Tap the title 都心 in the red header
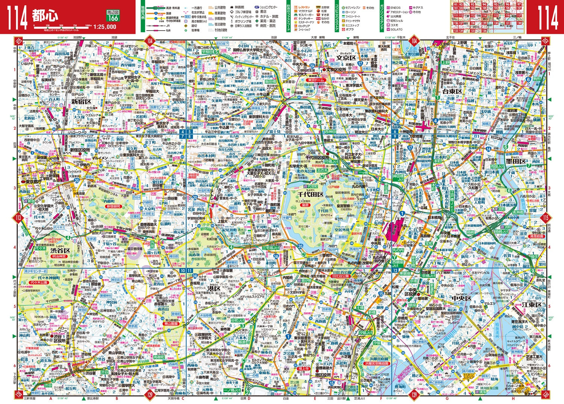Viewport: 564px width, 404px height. tap(45, 15)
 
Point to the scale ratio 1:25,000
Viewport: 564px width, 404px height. tap(105, 26)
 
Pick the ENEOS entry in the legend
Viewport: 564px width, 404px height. tap(395, 8)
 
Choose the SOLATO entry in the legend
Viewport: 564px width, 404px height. tap(396, 29)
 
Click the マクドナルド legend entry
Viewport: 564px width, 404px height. tap(305, 12)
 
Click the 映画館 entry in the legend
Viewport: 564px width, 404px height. tap(239, 8)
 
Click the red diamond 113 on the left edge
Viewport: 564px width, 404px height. tap(18, 217)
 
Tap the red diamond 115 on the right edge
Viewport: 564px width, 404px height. tap(546, 217)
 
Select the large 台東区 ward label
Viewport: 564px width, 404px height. tap(452, 91)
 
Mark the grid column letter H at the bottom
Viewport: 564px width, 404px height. tap(513, 399)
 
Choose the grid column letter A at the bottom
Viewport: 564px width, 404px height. tap(50, 399)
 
